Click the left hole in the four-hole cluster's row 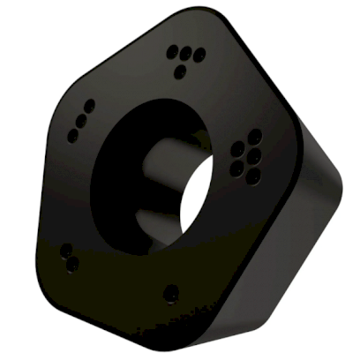pos(172,52)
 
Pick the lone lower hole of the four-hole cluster pos(183,67)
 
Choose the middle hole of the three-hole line pos(84,116)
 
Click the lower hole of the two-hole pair pos(71,263)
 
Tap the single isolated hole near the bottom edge pos(171,292)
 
